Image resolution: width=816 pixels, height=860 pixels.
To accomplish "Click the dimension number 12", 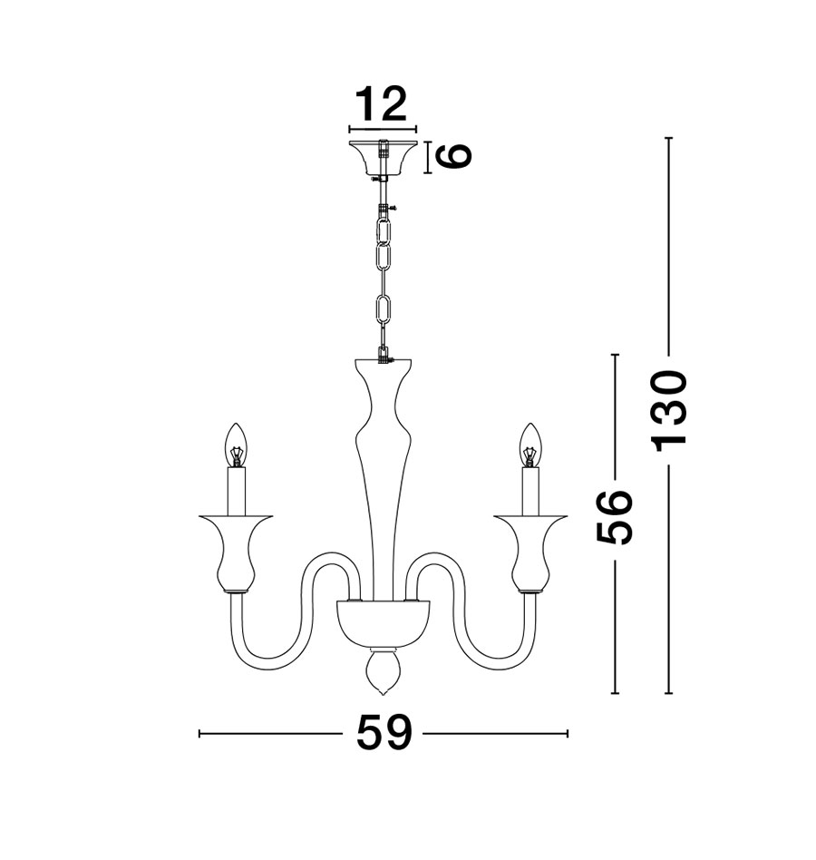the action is point(382,104).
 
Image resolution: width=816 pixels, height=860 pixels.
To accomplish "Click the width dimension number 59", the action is point(384,733).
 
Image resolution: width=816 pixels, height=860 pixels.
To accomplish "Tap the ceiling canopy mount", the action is point(383,159).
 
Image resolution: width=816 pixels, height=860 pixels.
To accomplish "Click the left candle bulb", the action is point(236,445).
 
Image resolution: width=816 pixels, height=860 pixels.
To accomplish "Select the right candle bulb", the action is point(530,445).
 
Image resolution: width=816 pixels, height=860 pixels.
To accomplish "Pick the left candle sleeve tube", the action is point(237,492).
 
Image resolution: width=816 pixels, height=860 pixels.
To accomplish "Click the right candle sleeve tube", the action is point(531,492).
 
